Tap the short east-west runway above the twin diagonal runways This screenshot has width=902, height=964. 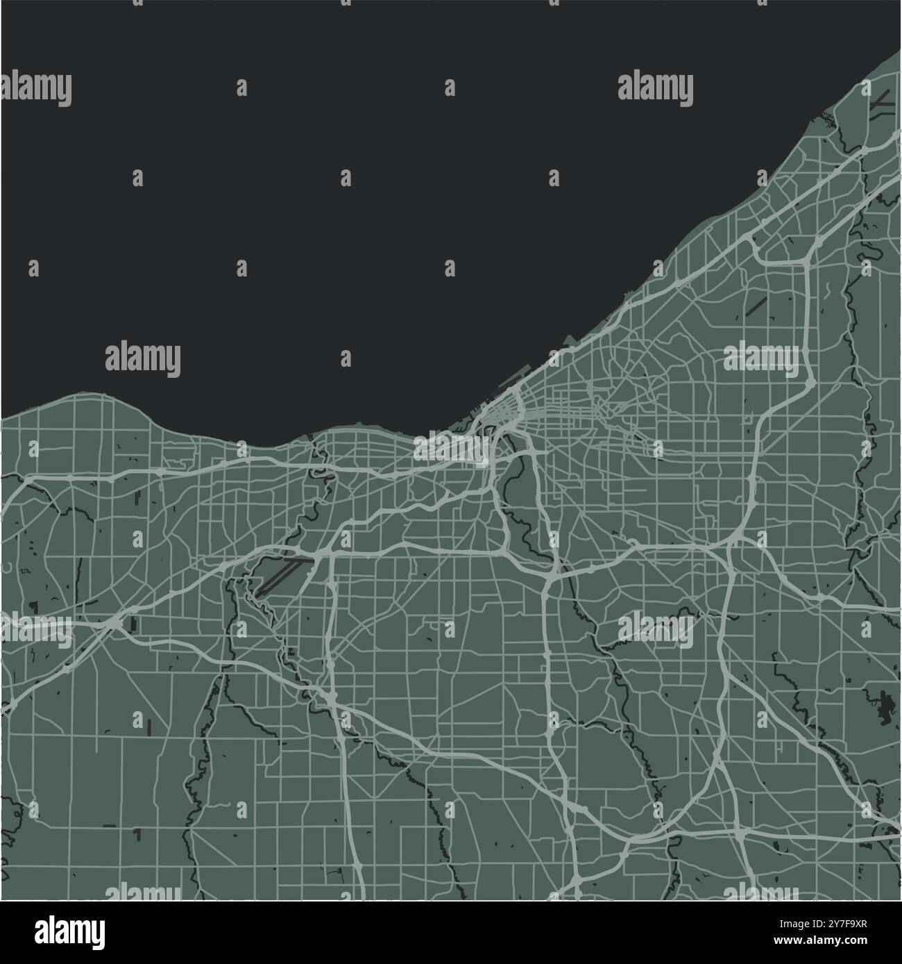[x=298, y=558]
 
